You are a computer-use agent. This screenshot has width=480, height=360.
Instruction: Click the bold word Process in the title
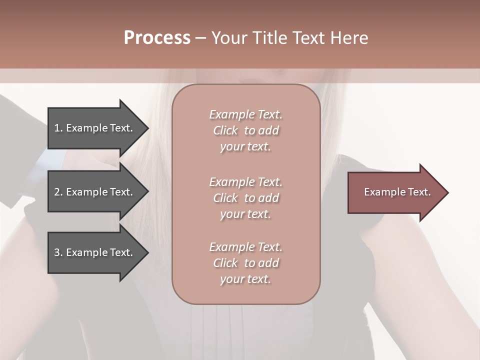(x=157, y=38)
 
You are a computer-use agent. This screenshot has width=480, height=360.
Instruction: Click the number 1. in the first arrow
(x=58, y=128)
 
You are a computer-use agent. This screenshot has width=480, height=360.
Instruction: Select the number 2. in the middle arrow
(x=58, y=192)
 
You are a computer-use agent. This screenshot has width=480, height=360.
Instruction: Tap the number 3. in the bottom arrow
(x=58, y=252)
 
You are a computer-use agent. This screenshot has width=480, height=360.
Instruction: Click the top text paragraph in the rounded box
(x=245, y=130)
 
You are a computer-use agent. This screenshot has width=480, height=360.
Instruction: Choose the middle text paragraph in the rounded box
(x=245, y=198)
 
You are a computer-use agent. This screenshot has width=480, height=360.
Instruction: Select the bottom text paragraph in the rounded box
(x=245, y=263)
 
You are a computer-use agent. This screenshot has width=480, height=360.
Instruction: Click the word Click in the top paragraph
(x=225, y=130)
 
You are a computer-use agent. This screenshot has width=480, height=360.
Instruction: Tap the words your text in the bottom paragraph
(x=245, y=279)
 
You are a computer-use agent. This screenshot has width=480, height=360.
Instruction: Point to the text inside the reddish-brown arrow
(x=397, y=192)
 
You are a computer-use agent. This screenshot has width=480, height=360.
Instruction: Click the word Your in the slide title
(x=231, y=38)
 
